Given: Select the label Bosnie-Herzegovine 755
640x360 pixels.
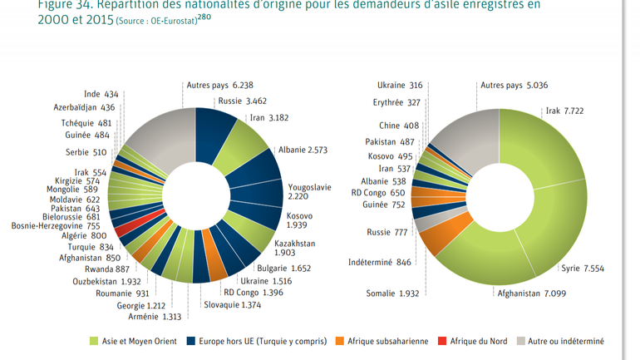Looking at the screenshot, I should [x=56, y=224].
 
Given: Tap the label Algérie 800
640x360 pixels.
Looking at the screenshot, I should [x=86, y=235].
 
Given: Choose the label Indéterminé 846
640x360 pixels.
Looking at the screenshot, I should [x=379, y=263].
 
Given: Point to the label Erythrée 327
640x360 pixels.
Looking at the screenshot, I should [x=397, y=103].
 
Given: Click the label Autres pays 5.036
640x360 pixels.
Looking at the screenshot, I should [x=514, y=85].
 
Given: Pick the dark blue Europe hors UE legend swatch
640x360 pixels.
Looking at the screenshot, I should [x=191, y=341].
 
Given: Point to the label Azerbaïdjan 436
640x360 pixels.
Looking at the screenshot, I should [x=86, y=107].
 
